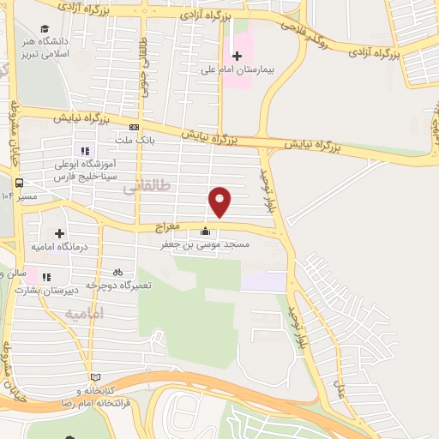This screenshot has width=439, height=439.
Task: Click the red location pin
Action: point(220,201)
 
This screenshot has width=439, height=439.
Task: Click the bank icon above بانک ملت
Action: point(134,128)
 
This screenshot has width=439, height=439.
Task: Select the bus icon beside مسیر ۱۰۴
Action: point(19,182)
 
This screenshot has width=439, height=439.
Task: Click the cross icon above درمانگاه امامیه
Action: point(59,233)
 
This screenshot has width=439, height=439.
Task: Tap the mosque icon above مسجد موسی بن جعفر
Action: point(204,231)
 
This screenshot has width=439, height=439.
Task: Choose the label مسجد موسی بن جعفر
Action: point(207,245)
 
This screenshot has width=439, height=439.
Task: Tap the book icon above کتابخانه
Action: point(94,378)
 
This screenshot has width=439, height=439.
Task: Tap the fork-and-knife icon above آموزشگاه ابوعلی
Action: point(85,151)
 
